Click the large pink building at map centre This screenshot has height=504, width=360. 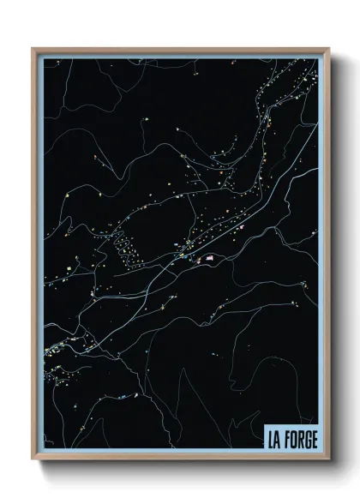[206, 257]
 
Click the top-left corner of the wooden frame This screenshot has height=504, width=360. [33, 49]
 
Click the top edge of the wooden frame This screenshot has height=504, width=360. [180, 49]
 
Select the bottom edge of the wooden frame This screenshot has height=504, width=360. [180, 459]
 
